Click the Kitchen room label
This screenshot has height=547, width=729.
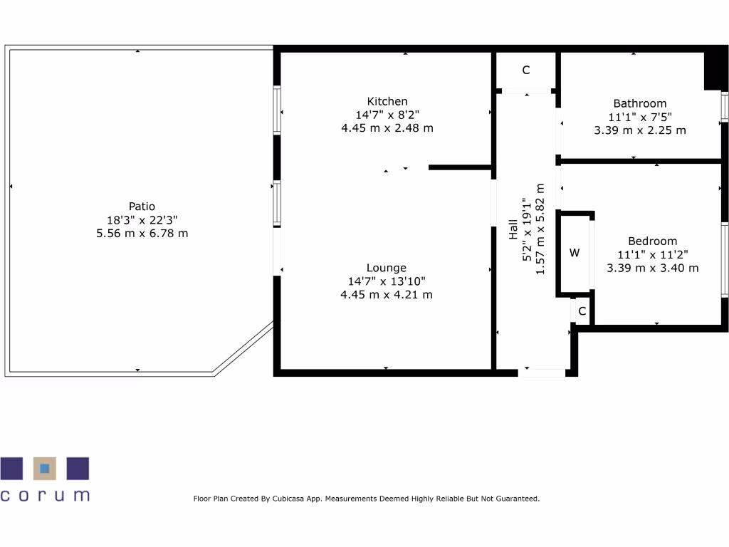pyautogui.click(x=387, y=101)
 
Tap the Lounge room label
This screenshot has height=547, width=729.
pyautogui.click(x=387, y=268)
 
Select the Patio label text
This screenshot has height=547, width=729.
pyautogui.click(x=142, y=207)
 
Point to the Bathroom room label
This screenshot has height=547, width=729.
pyautogui.click(x=640, y=103)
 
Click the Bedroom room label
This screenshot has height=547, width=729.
pyautogui.click(x=652, y=241)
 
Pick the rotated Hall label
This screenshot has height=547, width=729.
pyautogui.click(x=513, y=229)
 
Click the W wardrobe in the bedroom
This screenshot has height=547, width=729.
pyautogui.click(x=575, y=253)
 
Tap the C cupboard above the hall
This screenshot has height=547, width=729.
pyautogui.click(x=526, y=70)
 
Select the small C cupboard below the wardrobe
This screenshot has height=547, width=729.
pyautogui.click(x=582, y=311)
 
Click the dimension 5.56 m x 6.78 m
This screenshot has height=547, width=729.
pyautogui.click(x=142, y=233)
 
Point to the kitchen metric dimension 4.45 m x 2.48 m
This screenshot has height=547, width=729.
pyautogui.click(x=387, y=128)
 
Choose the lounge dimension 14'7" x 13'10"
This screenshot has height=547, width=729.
pyautogui.click(x=387, y=281)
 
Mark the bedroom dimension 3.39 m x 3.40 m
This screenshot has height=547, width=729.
pyautogui.click(x=652, y=268)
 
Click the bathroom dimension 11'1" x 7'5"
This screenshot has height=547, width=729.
pyautogui.click(x=640, y=117)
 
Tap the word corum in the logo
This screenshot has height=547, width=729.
pyautogui.click(x=45, y=495)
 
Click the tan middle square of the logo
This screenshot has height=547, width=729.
pyautogui.click(x=45, y=468)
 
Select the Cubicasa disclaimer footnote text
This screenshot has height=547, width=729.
pyautogui.click(x=367, y=499)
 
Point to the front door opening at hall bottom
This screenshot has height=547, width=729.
pyautogui.click(x=542, y=372)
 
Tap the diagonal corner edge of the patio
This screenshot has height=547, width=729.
pyautogui.click(x=244, y=348)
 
